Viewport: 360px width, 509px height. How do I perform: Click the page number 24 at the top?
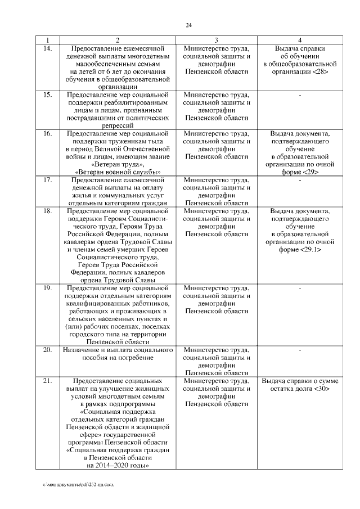point(188,25)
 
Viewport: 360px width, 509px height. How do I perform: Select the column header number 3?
point(217,40)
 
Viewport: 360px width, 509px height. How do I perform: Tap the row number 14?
point(48,49)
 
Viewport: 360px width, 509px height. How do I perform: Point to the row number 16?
point(48,134)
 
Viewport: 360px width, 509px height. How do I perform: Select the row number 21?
point(48,381)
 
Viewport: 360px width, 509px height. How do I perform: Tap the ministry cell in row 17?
point(217,191)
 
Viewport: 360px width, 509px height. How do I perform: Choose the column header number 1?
point(48,40)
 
